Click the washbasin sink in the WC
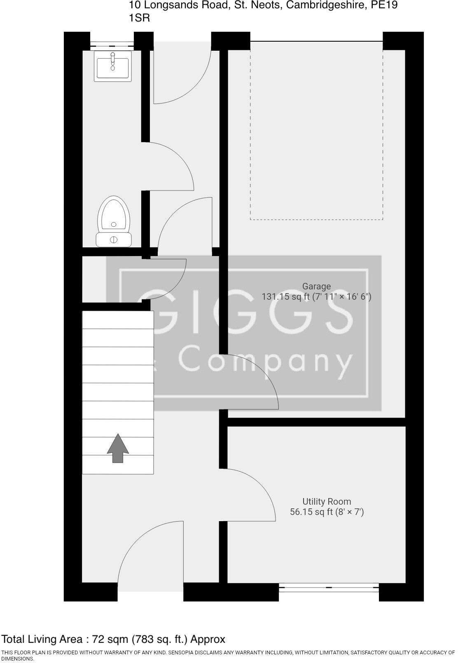coord(112,66)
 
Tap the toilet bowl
coord(114,214)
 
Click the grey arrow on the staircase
coord(118,448)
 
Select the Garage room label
coord(316,286)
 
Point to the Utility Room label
coord(327,502)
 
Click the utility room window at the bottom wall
coord(329,587)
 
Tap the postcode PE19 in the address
coord(384,5)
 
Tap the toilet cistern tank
coord(114,240)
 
